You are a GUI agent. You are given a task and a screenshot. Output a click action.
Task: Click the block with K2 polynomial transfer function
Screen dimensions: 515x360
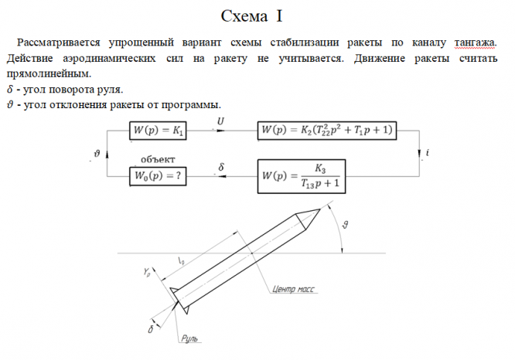click(x=326, y=131)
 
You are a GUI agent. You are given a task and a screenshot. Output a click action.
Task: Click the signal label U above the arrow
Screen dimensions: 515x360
click(x=221, y=121)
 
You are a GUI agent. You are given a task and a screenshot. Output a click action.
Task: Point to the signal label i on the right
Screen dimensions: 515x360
click(x=427, y=155)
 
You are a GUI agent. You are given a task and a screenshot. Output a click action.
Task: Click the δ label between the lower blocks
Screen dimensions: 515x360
click(x=221, y=166)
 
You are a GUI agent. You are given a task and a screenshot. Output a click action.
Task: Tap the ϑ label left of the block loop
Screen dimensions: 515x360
click(x=95, y=154)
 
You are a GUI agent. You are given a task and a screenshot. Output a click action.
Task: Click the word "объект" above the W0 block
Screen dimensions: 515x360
click(x=157, y=160)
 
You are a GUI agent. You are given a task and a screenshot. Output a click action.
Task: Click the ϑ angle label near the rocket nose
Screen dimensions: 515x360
click(x=346, y=225)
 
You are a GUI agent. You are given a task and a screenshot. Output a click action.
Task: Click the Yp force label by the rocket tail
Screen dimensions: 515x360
click(x=145, y=272)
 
